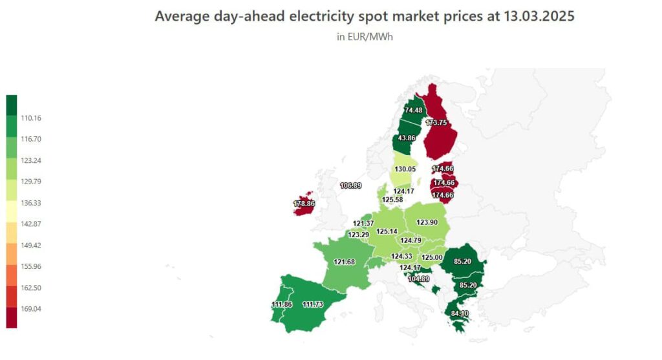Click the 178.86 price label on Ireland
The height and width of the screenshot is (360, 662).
[303, 204]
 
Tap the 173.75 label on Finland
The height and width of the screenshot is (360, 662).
[436, 123]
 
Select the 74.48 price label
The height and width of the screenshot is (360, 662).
[413, 111]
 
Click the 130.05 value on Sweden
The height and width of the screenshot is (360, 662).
[405, 169]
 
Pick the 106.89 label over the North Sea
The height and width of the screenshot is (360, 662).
[350, 185]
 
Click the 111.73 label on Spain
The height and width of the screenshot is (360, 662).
[313, 304]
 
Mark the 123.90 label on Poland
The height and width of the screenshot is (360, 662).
[427, 222]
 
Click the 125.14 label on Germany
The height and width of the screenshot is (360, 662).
[387, 231]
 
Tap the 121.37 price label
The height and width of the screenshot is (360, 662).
[363, 224]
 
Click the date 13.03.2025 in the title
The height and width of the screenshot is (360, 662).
[529, 16]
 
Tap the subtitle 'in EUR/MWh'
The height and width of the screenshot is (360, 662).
[365, 37]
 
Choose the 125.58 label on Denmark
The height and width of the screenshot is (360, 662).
[392, 200]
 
